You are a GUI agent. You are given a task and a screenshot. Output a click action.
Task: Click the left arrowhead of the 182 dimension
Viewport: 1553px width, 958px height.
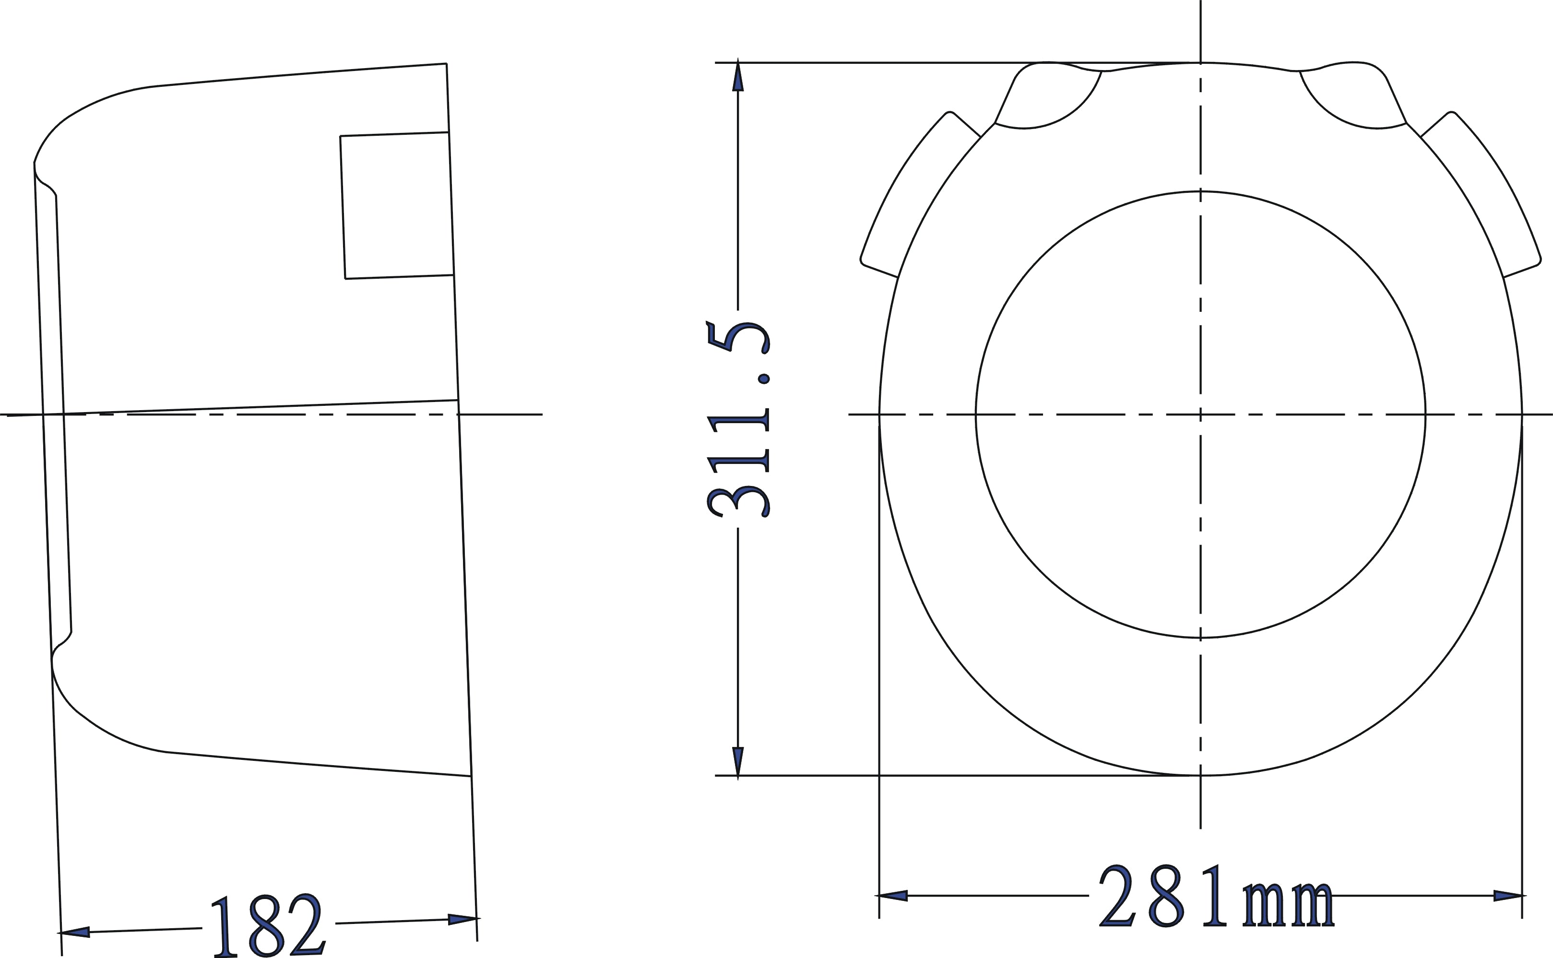[x=75, y=932]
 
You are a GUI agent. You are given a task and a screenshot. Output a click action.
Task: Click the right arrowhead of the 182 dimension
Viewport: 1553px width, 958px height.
[x=462, y=919]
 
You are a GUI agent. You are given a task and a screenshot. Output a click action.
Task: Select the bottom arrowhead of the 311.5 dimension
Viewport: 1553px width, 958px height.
[x=737, y=762]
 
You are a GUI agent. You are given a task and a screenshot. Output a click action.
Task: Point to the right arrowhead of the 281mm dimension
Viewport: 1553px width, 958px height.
[x=1508, y=895]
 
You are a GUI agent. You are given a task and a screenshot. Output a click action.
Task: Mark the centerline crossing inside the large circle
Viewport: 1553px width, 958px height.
[x=1200, y=414]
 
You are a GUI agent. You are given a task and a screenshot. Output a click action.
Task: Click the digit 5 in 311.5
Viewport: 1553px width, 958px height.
[x=739, y=338]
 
